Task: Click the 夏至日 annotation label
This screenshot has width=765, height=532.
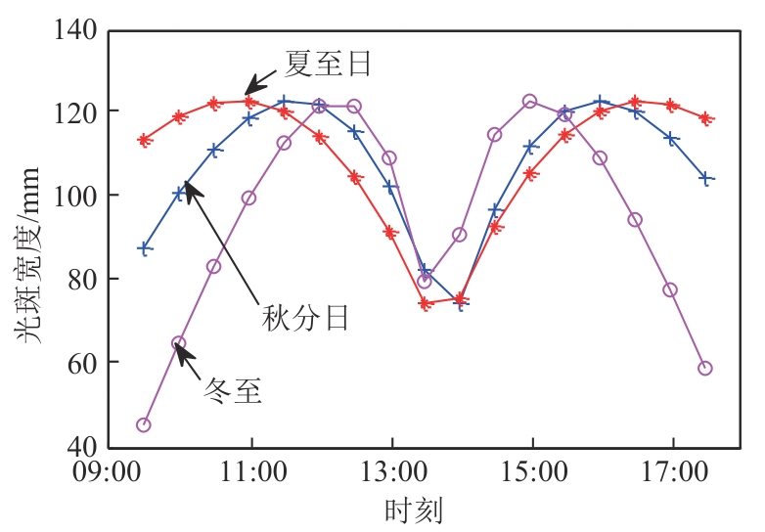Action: pos(328,65)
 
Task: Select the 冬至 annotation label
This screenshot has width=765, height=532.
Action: pos(232,392)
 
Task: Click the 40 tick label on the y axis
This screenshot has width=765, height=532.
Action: pos(82,446)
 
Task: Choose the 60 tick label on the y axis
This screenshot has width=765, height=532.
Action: pos(82,363)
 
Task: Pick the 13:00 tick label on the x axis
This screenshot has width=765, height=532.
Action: pos(391,474)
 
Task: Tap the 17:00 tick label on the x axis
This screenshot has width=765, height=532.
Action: pos(672,474)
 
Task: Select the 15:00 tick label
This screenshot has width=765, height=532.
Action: pos(531,474)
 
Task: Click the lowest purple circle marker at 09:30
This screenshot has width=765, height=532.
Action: pos(144,424)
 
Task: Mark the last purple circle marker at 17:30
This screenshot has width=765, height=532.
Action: pos(705,368)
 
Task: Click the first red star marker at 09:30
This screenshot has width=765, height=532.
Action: pos(145,140)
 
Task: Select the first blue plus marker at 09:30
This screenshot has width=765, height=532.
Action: pos(145,248)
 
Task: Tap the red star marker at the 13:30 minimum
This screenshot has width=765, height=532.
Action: pos(426,303)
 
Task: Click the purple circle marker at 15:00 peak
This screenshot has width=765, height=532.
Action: pos(530,101)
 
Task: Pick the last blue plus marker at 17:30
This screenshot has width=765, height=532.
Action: pos(706,178)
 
